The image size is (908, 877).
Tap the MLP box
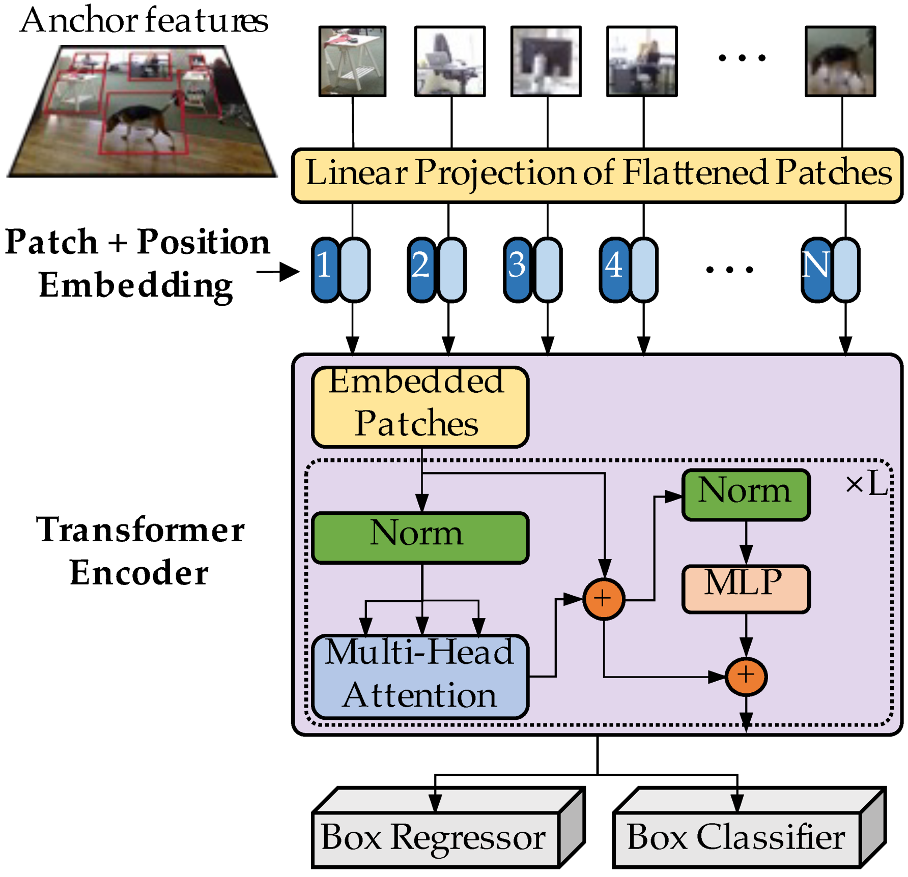(x=745, y=589)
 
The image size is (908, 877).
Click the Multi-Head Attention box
(x=420, y=676)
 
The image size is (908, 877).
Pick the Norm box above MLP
(x=745, y=494)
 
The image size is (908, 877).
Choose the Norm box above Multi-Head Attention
(x=420, y=537)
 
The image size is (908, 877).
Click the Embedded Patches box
(x=420, y=407)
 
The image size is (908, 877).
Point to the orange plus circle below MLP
(x=746, y=676)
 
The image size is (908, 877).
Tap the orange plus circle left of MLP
(x=604, y=599)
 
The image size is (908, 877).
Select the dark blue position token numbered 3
(x=517, y=270)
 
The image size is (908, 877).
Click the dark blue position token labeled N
(x=815, y=270)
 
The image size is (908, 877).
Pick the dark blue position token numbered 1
(x=325, y=270)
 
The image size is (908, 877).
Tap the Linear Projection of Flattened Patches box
(x=597, y=176)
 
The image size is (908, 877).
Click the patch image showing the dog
(x=840, y=62)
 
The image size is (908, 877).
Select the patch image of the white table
(x=352, y=62)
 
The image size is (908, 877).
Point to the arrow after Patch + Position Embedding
(x=279, y=272)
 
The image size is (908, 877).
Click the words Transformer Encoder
(x=139, y=551)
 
